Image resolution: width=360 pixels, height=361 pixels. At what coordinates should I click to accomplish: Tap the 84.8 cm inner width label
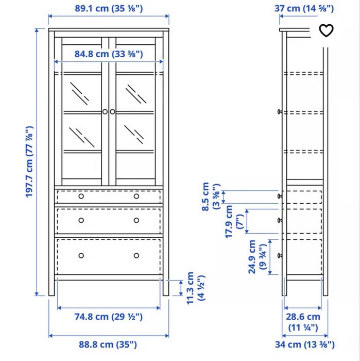[x=108, y=54]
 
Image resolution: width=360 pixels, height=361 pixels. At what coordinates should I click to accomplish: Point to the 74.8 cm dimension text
[x=109, y=316]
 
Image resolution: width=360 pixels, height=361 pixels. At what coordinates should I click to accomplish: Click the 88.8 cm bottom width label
[x=109, y=344]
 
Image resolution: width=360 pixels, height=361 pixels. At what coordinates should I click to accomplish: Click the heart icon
[x=327, y=30]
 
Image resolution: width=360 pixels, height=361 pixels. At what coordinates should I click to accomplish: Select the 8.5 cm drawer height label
[x=211, y=196]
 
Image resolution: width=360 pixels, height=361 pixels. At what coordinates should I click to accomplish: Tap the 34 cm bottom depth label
[x=303, y=344]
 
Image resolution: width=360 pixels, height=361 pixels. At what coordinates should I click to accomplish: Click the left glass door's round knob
[x=105, y=111]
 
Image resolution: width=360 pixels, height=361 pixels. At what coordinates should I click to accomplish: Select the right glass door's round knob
[x=113, y=111]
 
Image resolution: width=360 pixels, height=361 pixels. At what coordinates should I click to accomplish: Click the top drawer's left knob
[x=81, y=196]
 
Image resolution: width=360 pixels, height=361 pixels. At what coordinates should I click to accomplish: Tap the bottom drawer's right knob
[x=136, y=255]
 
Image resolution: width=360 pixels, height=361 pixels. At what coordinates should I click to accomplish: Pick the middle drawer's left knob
[x=81, y=220]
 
